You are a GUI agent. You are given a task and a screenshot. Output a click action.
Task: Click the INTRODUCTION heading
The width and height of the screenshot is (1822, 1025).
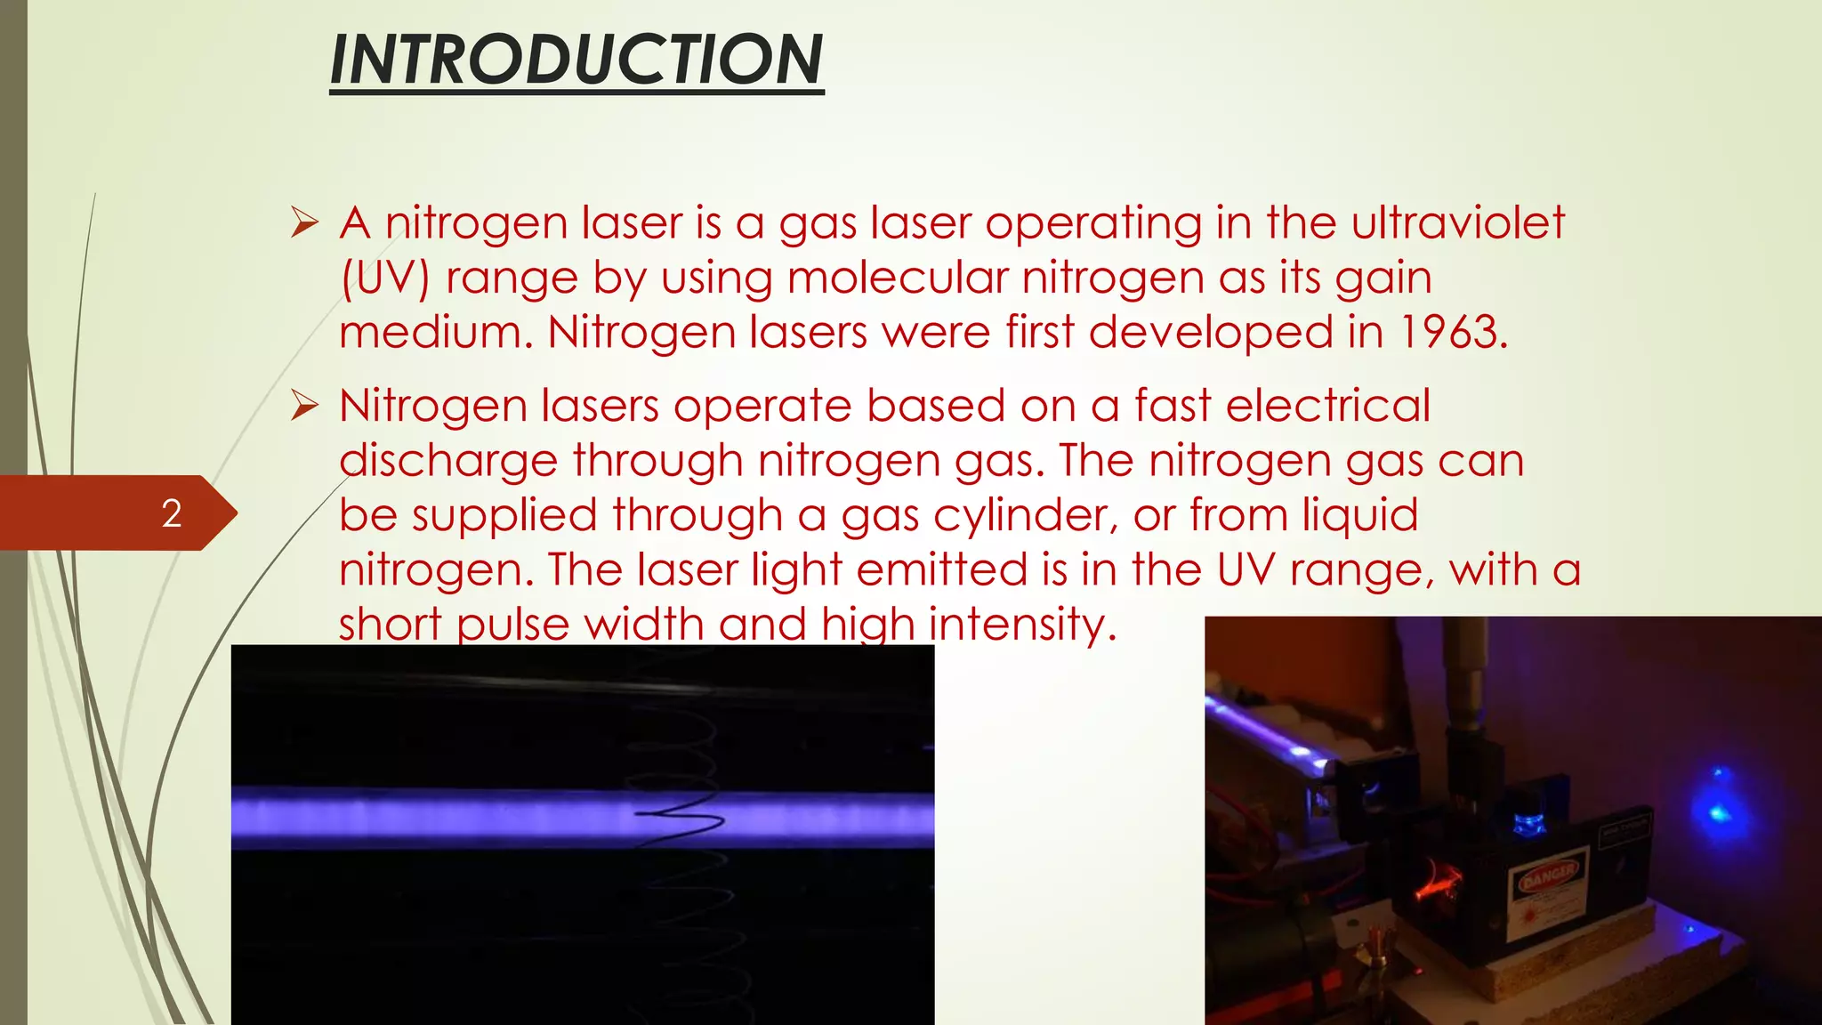tap(576, 61)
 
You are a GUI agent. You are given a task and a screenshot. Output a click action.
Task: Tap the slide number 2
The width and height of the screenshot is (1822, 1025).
tap(172, 513)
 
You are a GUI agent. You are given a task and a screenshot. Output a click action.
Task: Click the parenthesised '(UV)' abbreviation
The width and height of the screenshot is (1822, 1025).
tap(385, 278)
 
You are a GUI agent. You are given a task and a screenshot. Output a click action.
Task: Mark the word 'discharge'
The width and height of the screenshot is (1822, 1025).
tap(448, 461)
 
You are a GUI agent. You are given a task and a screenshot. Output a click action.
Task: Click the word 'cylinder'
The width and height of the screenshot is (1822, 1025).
tap(1025, 516)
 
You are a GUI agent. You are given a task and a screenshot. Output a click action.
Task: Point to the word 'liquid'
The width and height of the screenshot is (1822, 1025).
tap(1360, 516)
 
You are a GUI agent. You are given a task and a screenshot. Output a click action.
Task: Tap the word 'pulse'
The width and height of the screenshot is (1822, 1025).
tap(512, 625)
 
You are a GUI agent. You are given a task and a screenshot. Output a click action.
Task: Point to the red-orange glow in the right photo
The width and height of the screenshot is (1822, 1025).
tap(1439, 881)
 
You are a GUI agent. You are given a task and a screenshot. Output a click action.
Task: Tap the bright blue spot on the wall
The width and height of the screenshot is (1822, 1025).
tap(1718, 811)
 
